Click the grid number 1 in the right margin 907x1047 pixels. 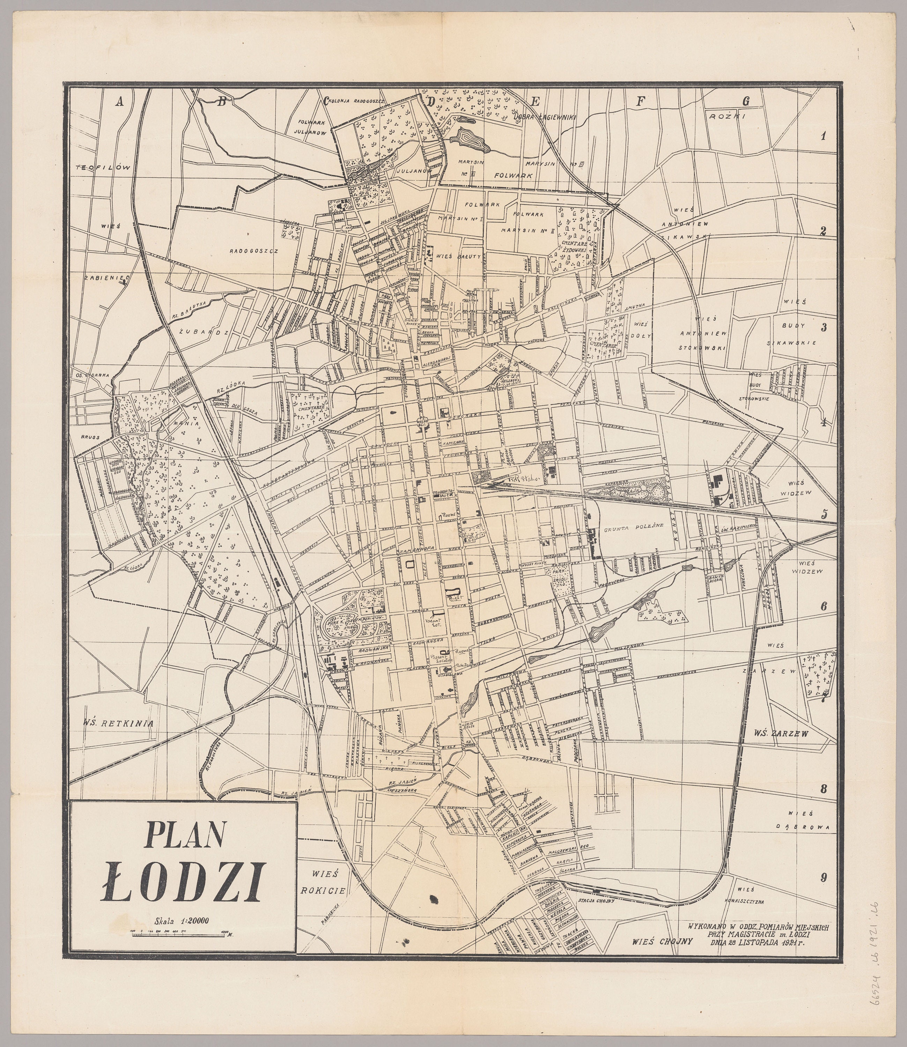point(824,136)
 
